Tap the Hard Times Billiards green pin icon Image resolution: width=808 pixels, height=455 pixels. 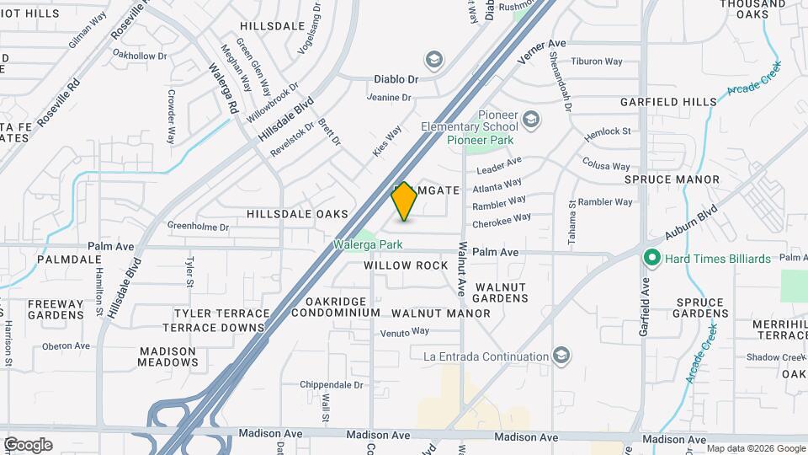(x=651, y=258)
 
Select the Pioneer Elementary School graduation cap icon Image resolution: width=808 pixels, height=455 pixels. (x=530, y=120)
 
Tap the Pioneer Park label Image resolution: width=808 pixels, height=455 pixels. (x=480, y=140)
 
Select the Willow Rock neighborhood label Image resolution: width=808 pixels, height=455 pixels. (x=406, y=265)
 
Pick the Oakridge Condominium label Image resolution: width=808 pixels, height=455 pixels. (x=336, y=307)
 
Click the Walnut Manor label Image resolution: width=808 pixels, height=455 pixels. (x=440, y=313)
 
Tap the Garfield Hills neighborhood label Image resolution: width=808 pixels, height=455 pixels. (x=668, y=102)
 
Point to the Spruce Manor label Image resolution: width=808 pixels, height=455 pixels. (x=672, y=179)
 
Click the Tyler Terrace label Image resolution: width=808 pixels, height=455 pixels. (x=210, y=313)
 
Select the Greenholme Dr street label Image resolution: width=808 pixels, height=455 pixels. (x=199, y=226)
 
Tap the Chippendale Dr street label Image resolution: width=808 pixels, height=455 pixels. (x=331, y=384)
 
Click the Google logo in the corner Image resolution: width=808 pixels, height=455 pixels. (x=28, y=444)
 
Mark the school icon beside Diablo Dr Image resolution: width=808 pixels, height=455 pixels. (x=434, y=59)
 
